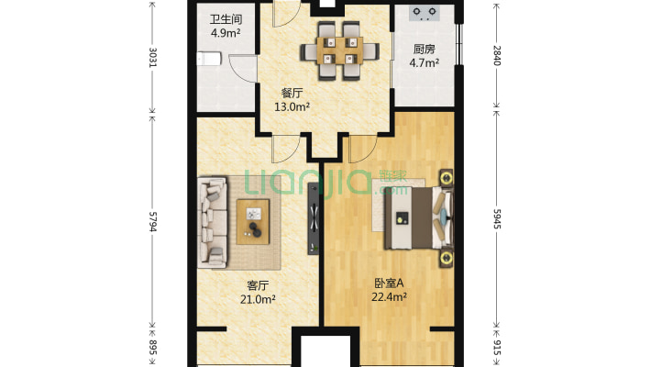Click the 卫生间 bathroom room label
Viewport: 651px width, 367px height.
pos(226,19)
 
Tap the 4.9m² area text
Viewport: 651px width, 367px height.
pos(226,34)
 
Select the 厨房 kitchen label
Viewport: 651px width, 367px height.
pos(424,50)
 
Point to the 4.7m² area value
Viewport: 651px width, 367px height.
pos(424,64)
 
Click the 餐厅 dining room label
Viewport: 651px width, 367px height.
pos(292,93)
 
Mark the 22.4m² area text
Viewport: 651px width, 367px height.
pos(389,297)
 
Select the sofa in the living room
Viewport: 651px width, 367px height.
pos(214,220)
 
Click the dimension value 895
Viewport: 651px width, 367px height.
pos(153,349)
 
